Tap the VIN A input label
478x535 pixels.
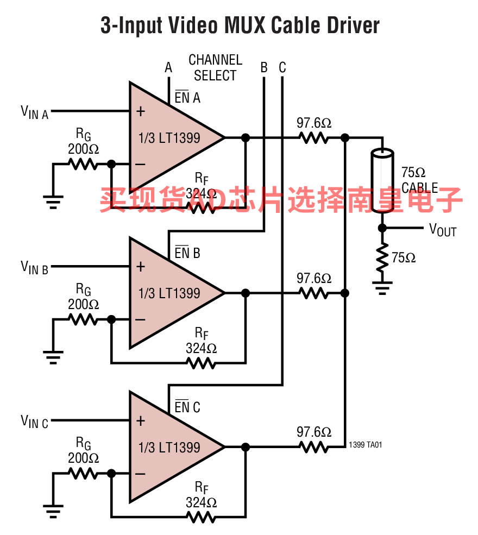(x=34, y=112)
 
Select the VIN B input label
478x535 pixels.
(x=34, y=267)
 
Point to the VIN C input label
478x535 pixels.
(x=34, y=421)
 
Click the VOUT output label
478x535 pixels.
(x=443, y=230)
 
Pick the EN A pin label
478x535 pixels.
(x=187, y=97)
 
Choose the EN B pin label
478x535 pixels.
(x=187, y=253)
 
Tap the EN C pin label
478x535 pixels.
(x=187, y=407)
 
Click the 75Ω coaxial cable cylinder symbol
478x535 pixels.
(x=382, y=181)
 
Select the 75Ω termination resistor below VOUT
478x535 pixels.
(x=382, y=257)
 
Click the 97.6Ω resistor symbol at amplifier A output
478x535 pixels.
(x=314, y=138)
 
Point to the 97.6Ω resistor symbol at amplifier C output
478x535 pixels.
(x=314, y=447)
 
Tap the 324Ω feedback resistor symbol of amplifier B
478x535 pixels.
(x=202, y=363)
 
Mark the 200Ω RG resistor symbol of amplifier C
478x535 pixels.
(x=83, y=473)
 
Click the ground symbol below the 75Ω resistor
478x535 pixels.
(x=382, y=288)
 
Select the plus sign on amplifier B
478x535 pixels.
(x=141, y=267)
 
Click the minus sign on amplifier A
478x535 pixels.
(x=140, y=165)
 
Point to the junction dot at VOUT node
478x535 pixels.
(x=382, y=228)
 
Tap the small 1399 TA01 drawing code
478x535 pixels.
(x=366, y=445)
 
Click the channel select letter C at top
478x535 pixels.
(x=282, y=67)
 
